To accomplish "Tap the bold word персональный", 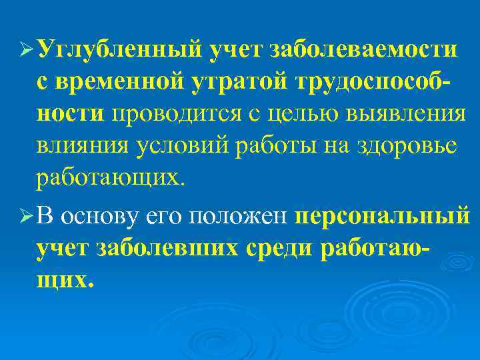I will click(383, 217).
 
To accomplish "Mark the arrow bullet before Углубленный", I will click(27, 51).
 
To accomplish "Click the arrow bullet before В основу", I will click(27, 217).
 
